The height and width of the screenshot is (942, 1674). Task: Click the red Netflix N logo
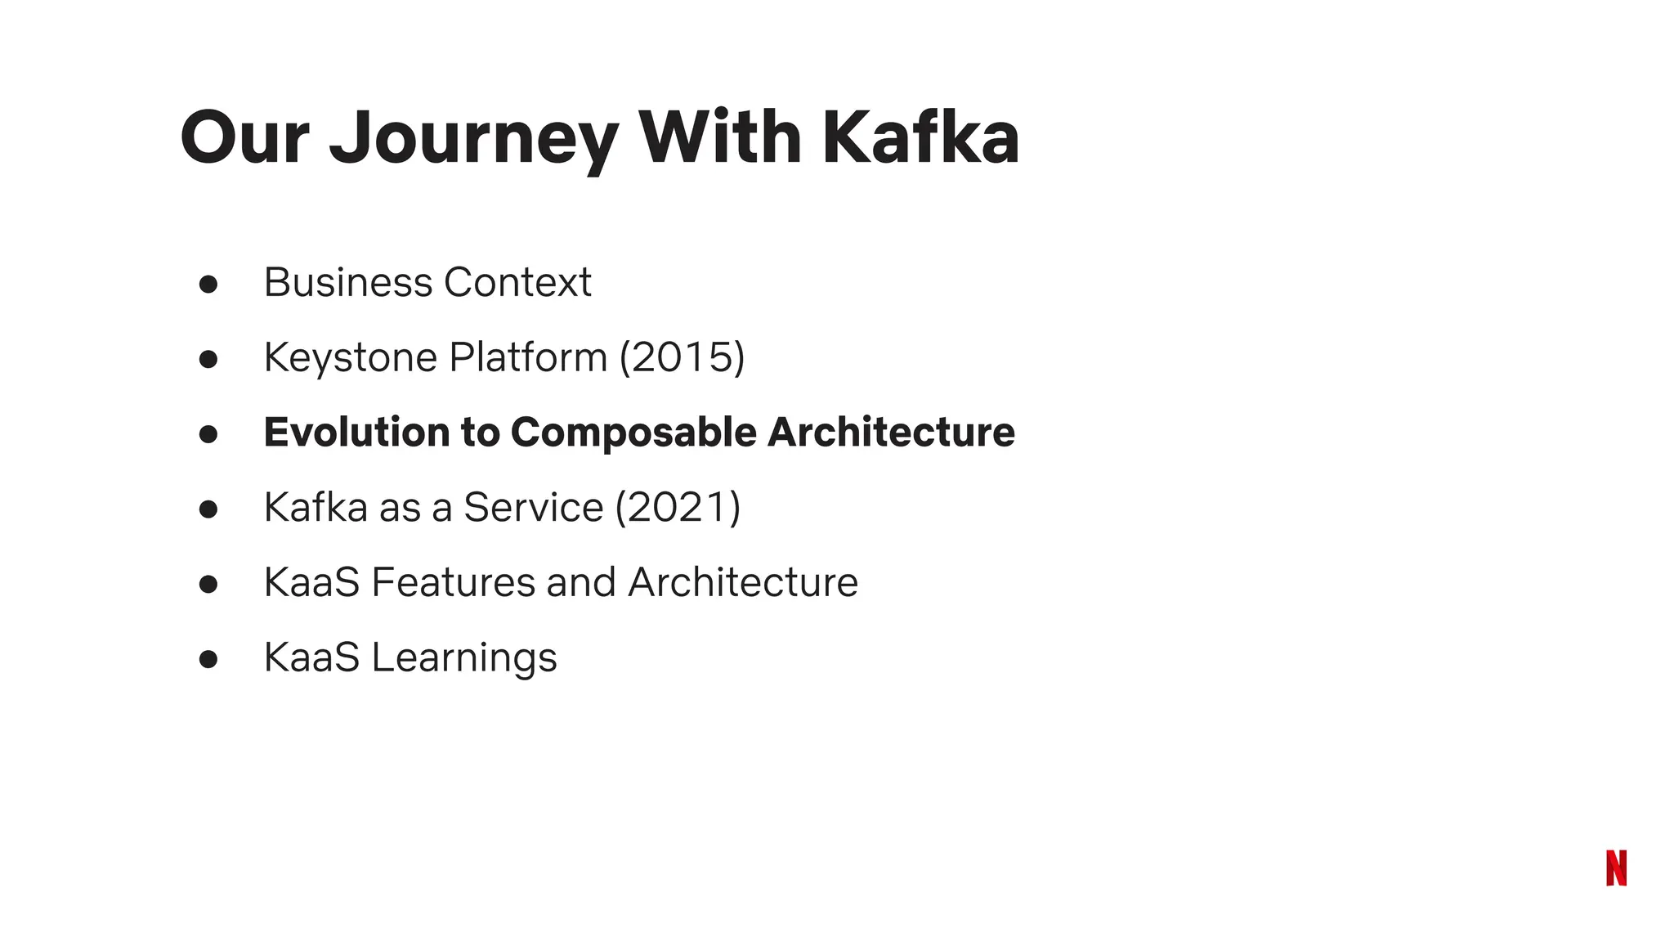(x=1616, y=868)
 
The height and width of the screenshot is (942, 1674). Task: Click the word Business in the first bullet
(x=348, y=283)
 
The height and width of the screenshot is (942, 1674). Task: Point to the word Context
(x=517, y=283)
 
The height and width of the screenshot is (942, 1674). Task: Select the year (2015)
(x=683, y=358)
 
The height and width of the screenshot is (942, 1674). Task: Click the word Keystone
(x=351, y=358)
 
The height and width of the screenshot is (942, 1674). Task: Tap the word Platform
(x=528, y=358)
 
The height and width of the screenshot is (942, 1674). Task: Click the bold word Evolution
(x=356, y=433)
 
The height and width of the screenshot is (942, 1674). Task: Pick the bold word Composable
(x=633, y=433)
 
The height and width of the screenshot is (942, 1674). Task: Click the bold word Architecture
(x=891, y=433)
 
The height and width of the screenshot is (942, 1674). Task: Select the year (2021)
(x=678, y=508)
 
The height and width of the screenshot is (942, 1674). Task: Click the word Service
(x=533, y=508)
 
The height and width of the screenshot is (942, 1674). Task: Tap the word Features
(x=453, y=583)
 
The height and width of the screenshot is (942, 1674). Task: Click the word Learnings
(x=464, y=658)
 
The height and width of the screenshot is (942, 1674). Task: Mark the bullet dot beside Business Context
(x=208, y=284)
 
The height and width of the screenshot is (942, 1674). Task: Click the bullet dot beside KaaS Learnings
(x=208, y=659)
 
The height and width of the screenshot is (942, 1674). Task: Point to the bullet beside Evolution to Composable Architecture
(x=208, y=434)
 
